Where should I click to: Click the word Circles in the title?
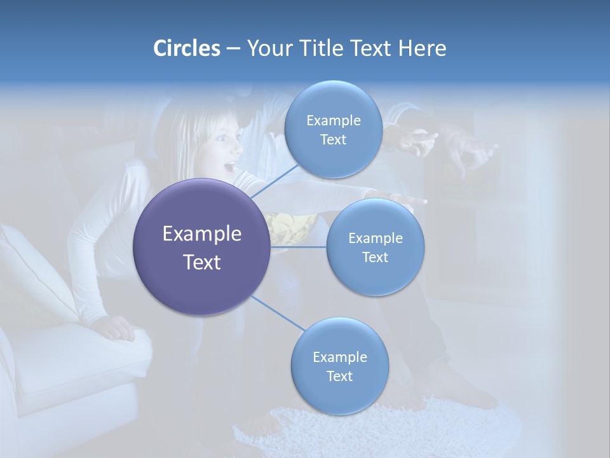(x=186, y=48)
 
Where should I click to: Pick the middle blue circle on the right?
(x=375, y=247)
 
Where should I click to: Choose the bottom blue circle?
(x=339, y=366)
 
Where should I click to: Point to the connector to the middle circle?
(x=299, y=247)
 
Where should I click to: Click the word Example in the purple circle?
(x=202, y=234)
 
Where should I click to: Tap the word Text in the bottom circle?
(x=339, y=376)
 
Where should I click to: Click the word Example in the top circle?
(x=333, y=120)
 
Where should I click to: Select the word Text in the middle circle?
(x=375, y=257)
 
